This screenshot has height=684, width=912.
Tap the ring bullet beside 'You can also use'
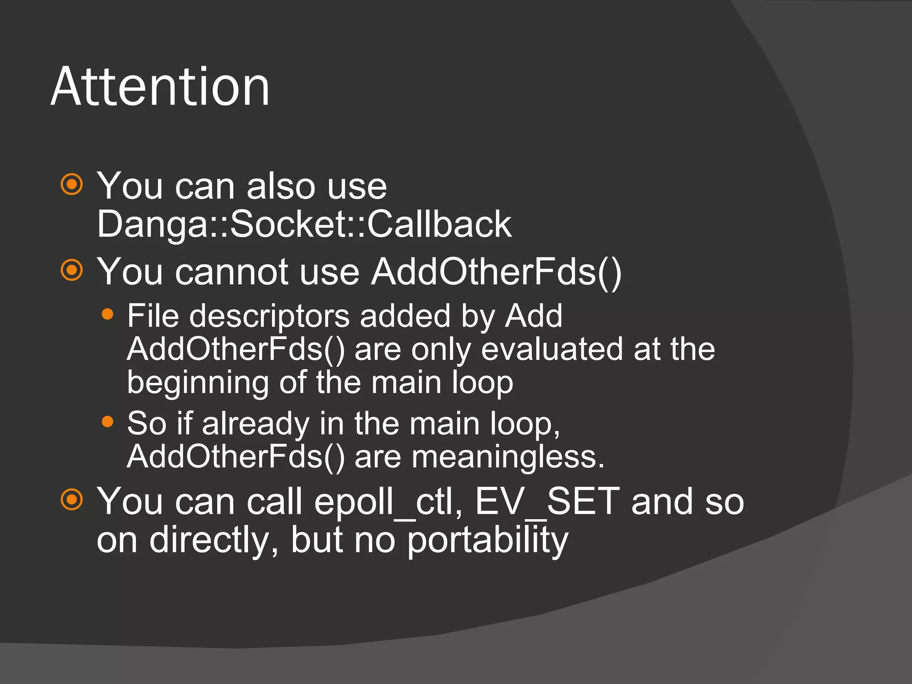[x=72, y=184]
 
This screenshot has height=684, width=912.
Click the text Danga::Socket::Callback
[x=304, y=224]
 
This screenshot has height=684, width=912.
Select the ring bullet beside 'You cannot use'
[x=72, y=270]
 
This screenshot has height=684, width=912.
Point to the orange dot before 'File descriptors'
[x=107, y=315]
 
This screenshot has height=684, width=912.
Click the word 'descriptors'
[x=269, y=316]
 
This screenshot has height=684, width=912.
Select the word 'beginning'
[x=198, y=383]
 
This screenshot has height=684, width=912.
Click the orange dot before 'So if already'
[x=107, y=421]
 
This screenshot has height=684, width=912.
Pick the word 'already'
[x=256, y=424]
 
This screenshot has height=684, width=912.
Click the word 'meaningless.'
[x=508, y=457]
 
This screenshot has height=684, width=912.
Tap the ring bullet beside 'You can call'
[x=72, y=499]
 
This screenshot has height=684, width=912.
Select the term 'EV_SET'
[x=547, y=501]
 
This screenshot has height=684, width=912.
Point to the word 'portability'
[x=488, y=541]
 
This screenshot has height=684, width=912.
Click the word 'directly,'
[x=214, y=541]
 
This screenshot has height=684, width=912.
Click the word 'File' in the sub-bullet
[x=153, y=316]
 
